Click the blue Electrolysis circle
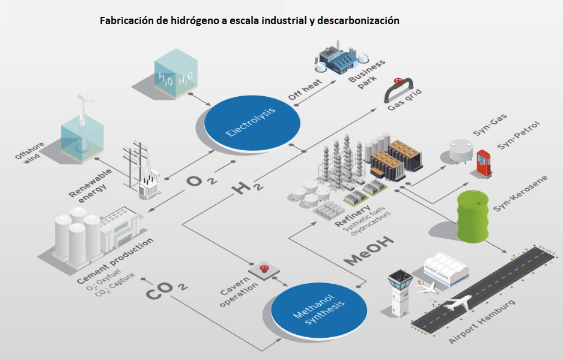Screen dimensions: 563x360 [252, 123]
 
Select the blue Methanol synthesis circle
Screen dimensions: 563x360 [319, 311]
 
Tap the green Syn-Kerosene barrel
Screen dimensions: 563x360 [472, 216]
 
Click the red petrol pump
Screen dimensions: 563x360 [484, 163]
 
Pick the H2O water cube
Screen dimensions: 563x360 [176, 74]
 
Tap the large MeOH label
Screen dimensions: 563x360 [368, 251]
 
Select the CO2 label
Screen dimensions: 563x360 [166, 290]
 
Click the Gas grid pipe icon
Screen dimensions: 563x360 [398, 89]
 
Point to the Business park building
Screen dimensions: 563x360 [341, 58]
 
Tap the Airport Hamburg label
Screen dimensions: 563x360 [482, 321]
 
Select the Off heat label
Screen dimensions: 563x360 [305, 90]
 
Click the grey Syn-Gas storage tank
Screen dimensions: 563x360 [461, 151]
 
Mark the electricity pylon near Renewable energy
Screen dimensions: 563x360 [141, 169]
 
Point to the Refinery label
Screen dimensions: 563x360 [352, 216]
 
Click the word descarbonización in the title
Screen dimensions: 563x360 [358, 20]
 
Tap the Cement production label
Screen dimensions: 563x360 [115, 261]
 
